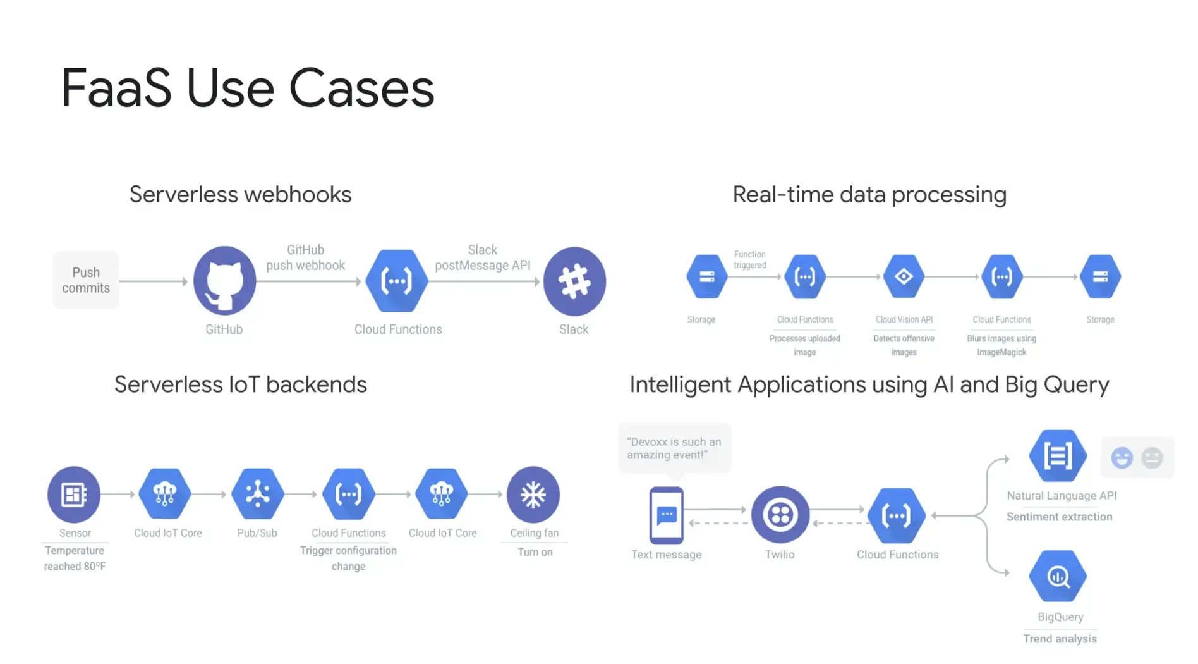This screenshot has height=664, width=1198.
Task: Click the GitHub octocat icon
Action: click(224, 280)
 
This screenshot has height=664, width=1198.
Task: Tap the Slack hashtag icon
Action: click(574, 281)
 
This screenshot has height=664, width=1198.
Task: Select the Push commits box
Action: click(86, 280)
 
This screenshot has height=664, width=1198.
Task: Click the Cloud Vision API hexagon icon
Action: click(904, 276)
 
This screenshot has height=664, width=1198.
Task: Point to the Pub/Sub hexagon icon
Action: click(257, 494)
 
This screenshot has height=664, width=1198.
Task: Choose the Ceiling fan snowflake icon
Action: click(533, 495)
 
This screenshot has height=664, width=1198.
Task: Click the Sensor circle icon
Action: click(74, 495)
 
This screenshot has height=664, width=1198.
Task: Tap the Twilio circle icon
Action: click(780, 515)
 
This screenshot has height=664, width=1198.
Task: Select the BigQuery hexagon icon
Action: click(1058, 576)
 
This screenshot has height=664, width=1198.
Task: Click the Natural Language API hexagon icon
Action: click(1058, 455)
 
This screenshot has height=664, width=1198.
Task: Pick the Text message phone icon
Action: click(667, 515)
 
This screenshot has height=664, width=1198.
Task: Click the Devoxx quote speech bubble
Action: click(674, 449)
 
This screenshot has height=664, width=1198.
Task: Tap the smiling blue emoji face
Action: click(1122, 457)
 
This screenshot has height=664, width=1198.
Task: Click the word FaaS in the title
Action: click(116, 89)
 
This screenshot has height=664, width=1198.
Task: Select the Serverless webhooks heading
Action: click(241, 195)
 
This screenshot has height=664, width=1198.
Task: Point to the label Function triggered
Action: click(750, 259)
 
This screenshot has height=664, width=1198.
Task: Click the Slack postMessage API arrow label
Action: click(483, 257)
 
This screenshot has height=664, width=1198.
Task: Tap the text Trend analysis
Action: click(1060, 639)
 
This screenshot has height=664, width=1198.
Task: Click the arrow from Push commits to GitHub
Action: click(154, 281)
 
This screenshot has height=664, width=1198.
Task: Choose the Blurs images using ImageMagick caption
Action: click(1001, 345)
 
